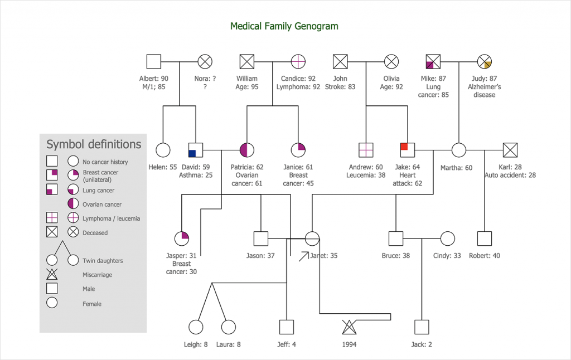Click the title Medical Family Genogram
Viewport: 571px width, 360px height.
pos(284,26)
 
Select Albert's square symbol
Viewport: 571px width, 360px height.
pos(153,61)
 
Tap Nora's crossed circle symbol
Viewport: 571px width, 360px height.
pos(205,61)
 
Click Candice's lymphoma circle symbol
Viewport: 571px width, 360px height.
pos(298,61)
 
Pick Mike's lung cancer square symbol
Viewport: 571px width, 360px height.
pos(433,61)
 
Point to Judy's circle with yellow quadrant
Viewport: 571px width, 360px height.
pos(485,61)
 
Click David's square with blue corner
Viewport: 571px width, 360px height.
pos(196,150)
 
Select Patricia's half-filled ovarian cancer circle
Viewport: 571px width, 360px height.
pos(247,150)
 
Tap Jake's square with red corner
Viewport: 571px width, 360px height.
pos(408,150)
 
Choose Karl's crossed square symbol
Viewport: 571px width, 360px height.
pos(510,150)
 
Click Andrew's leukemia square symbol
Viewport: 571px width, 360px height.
pos(366,150)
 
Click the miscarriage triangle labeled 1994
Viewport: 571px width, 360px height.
pos(349,327)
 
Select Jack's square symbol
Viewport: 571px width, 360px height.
pos(422,327)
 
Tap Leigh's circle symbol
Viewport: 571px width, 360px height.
pos(196,327)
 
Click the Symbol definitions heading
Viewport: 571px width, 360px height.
pos(94,145)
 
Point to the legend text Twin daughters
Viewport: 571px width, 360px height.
pos(103,261)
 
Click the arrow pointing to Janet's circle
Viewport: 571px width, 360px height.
pos(303,256)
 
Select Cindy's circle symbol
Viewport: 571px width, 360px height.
pos(447,239)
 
